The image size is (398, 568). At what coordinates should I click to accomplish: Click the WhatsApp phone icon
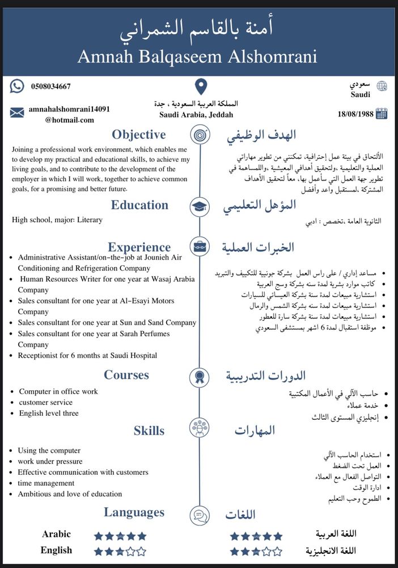pyautogui.click(x=18, y=86)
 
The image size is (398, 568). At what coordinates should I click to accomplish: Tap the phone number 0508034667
pyautogui.click(x=51, y=87)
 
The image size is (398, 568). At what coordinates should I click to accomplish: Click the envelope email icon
pyautogui.click(x=17, y=112)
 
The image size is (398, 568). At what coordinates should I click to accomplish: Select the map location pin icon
pyautogui.click(x=201, y=87)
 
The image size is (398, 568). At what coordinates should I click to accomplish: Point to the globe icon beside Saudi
pyautogui.click(x=382, y=86)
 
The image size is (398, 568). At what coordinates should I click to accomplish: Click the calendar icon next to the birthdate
pyautogui.click(x=382, y=114)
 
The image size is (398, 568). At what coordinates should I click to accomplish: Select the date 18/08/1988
pyautogui.click(x=355, y=114)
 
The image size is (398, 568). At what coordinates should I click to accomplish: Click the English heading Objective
pyautogui.click(x=139, y=135)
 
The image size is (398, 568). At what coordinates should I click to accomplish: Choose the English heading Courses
pyautogui.click(x=126, y=375)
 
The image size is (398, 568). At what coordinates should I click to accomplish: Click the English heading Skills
pyautogui.click(x=149, y=431)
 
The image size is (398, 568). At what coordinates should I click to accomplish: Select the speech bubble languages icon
pyautogui.click(x=198, y=515)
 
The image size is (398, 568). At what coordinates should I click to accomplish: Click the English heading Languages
pyautogui.click(x=134, y=513)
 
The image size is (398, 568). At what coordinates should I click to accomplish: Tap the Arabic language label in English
pyautogui.click(x=56, y=534)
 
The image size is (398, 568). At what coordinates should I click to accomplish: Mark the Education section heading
pyautogui.click(x=139, y=206)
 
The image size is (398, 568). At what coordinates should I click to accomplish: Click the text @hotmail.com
pyautogui.click(x=70, y=120)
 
